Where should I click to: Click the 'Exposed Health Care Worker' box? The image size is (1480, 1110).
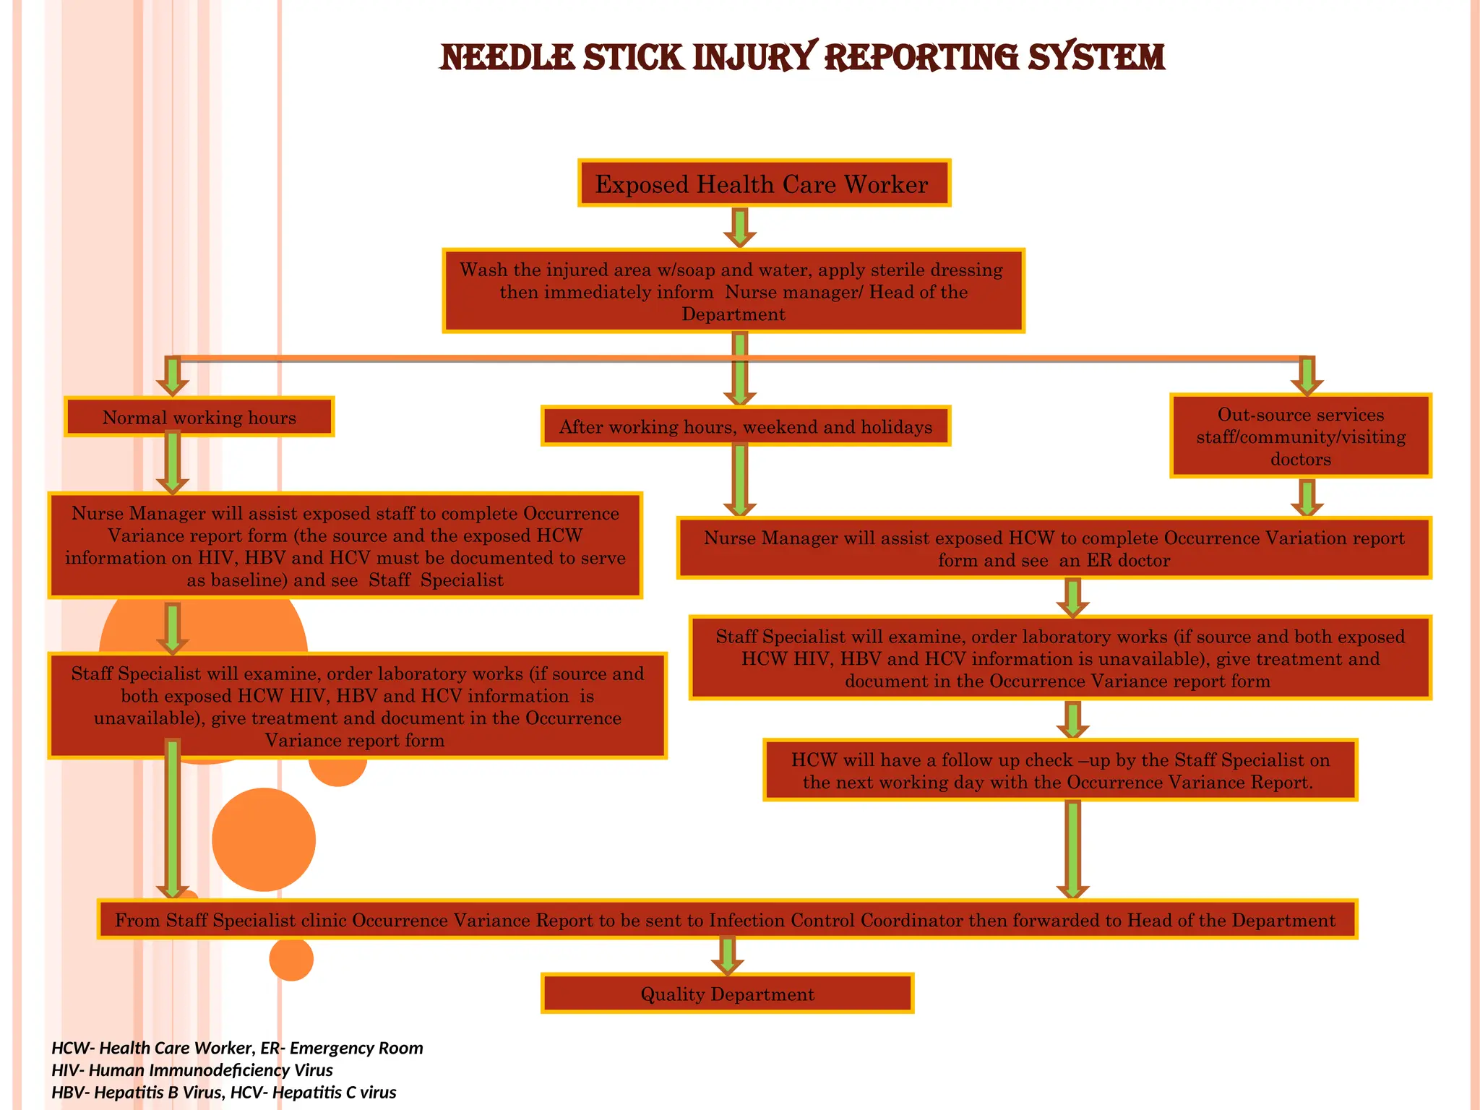[x=764, y=184]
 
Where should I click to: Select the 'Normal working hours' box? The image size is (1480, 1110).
[x=199, y=417]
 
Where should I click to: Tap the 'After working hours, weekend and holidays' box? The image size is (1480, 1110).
[x=745, y=426]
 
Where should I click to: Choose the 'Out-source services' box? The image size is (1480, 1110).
[x=1300, y=436]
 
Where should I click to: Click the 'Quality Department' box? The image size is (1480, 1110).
[x=727, y=994]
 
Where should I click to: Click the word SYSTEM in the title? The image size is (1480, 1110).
[x=1096, y=57]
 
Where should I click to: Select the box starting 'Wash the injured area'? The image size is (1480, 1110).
[x=733, y=291]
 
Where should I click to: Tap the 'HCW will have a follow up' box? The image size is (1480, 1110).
[x=1059, y=770]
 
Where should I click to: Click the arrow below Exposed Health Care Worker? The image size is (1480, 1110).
[x=740, y=227]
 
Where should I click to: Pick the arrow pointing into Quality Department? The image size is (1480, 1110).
[x=727, y=955]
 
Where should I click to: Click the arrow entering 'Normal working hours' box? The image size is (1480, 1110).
[x=172, y=376]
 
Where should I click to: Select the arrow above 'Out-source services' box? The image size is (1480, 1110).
[x=1307, y=376]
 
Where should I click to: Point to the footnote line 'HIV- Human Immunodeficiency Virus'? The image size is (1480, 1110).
[x=192, y=1070]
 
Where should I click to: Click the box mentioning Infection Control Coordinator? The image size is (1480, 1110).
[x=727, y=920]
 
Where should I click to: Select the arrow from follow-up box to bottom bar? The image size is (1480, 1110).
[x=1072, y=849]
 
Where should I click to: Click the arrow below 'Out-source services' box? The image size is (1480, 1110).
[x=1307, y=497]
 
